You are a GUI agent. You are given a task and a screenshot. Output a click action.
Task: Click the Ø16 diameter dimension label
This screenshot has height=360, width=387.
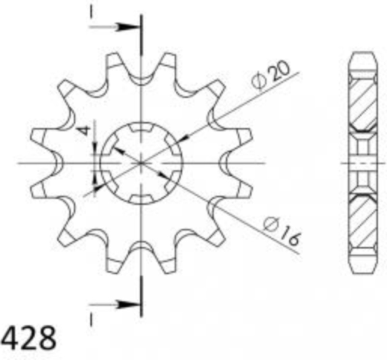281,232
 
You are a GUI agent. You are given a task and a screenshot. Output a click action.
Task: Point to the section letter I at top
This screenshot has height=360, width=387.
91,13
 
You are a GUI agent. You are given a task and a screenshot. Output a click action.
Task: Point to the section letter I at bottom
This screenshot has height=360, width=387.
91,320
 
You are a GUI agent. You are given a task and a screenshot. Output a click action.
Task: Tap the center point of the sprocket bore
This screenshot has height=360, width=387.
141,163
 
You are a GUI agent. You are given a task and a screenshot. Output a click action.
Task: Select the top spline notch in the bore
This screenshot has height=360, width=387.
141,128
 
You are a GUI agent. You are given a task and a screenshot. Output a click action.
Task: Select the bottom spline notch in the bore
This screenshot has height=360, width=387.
141,199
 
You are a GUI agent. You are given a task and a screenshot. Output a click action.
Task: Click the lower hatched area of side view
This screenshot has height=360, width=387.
363,221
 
